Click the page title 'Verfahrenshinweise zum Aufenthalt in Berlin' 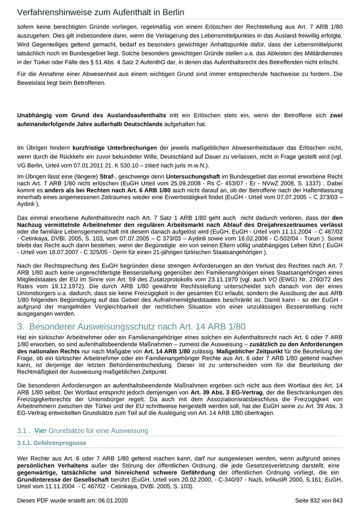pyautogui.click(x=100, y=12)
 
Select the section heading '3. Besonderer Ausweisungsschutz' pyautogui.click(x=132, y=326)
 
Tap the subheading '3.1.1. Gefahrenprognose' pyautogui.click(x=51, y=443)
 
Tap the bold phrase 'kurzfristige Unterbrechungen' pyautogui.click(x=115, y=148)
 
